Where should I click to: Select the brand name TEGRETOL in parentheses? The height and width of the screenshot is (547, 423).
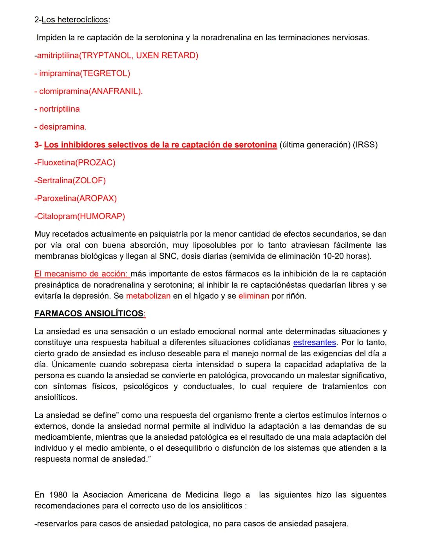105,73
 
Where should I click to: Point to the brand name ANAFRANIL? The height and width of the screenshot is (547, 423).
115,91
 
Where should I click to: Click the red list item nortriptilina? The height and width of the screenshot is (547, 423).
59,109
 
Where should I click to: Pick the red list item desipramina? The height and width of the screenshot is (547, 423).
62,127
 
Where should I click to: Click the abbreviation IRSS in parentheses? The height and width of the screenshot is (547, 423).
365,145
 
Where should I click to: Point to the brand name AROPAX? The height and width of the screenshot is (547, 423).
97,199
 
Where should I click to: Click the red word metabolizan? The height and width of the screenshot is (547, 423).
148,296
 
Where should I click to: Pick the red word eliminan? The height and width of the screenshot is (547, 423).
253,296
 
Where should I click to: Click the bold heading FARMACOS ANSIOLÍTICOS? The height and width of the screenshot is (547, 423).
89,314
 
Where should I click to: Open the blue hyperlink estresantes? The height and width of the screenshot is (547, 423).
314,343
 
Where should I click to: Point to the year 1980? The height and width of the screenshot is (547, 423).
58,495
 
